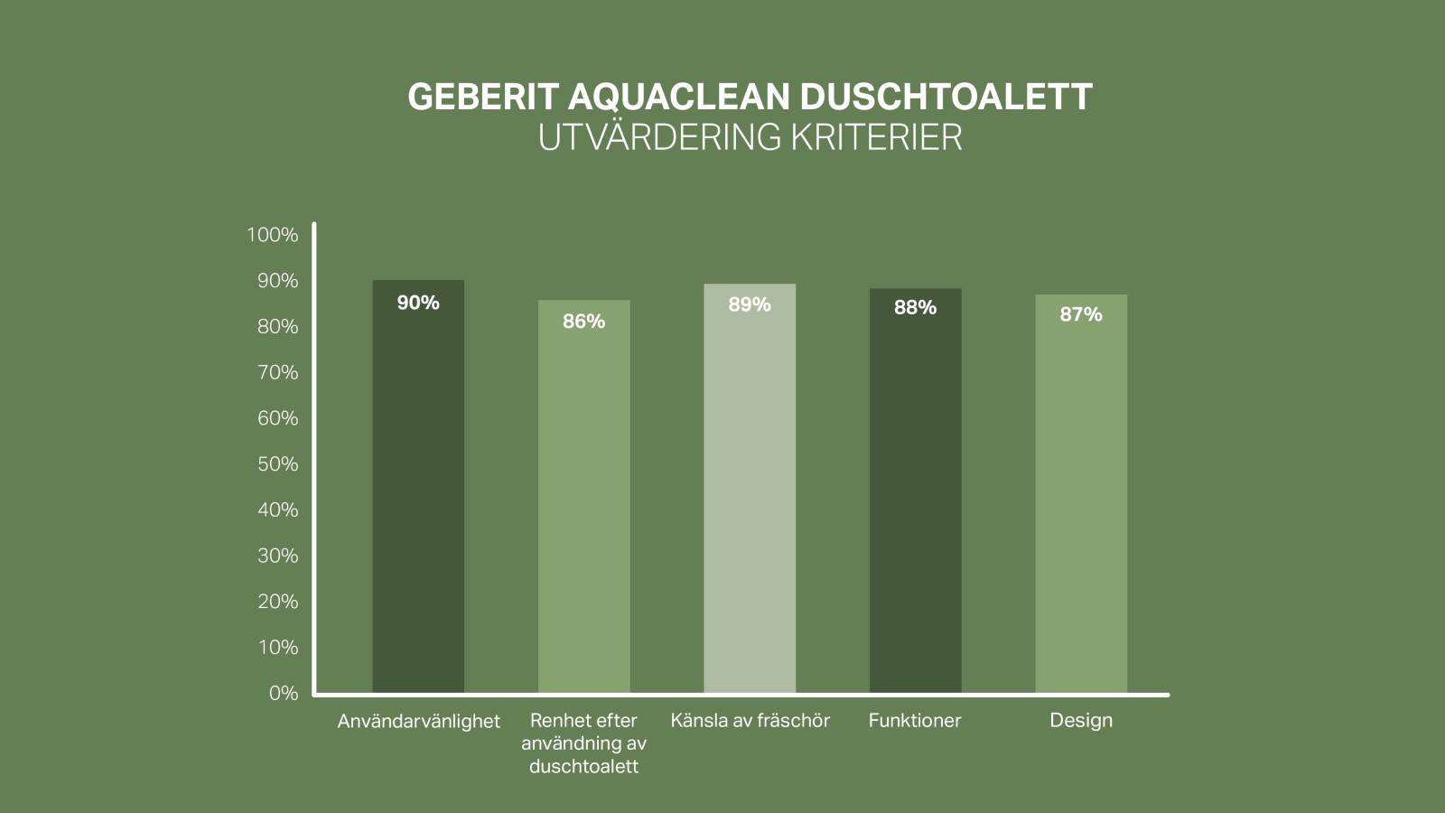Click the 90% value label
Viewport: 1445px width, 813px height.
[x=418, y=303]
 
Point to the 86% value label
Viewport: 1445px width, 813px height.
[x=584, y=322]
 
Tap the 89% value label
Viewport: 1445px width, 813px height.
[x=750, y=305]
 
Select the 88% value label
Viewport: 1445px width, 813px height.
[x=915, y=308]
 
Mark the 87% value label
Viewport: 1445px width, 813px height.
[x=1081, y=314]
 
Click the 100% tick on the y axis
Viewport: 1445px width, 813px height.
[x=272, y=235]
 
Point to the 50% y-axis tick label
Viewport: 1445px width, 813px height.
[x=277, y=464]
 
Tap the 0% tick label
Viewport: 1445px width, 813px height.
[x=284, y=693]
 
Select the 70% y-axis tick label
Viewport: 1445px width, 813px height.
[x=277, y=372]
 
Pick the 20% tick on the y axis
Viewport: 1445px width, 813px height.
[x=277, y=602]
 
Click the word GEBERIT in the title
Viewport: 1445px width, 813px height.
[x=483, y=97]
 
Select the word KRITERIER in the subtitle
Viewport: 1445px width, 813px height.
[x=876, y=137]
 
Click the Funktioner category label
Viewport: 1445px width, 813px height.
[x=915, y=721]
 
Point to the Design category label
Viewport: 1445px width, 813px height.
[x=1081, y=721]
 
